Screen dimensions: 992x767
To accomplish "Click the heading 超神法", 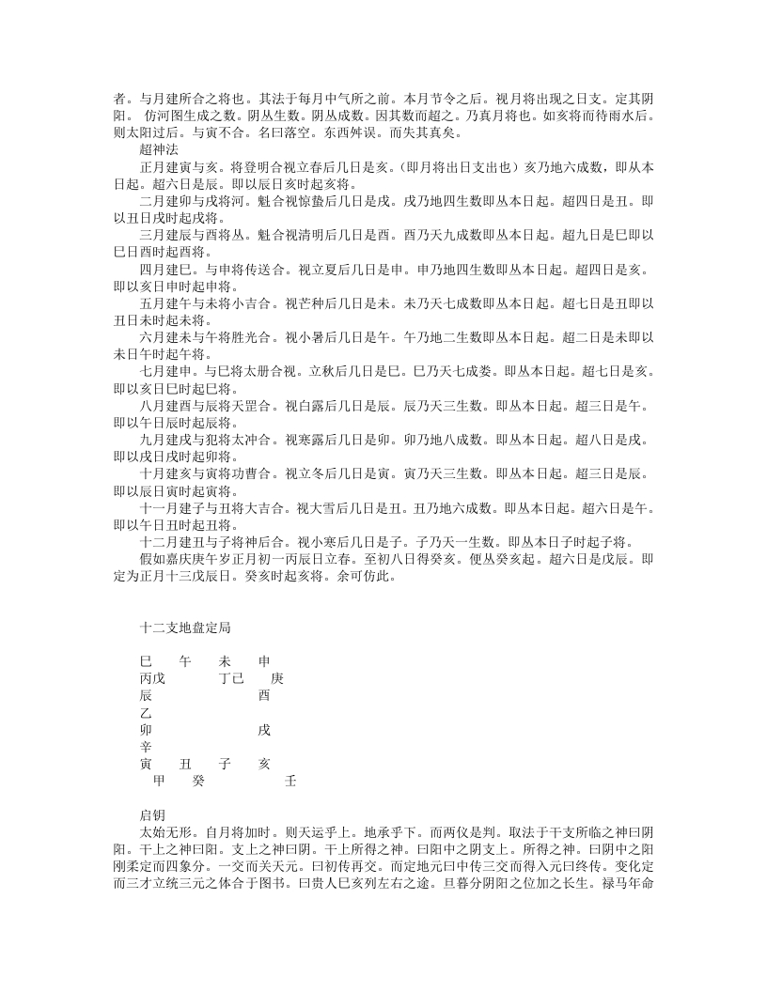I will click(x=159, y=150).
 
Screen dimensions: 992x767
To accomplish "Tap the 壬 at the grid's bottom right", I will click(x=290, y=781).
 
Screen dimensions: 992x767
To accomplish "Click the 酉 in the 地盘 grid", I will click(x=264, y=695).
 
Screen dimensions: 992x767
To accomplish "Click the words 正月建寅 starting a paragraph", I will click(x=164, y=167).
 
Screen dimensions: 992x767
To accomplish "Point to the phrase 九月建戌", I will click(x=164, y=440).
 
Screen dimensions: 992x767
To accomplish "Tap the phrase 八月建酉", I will click(x=164, y=406).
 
